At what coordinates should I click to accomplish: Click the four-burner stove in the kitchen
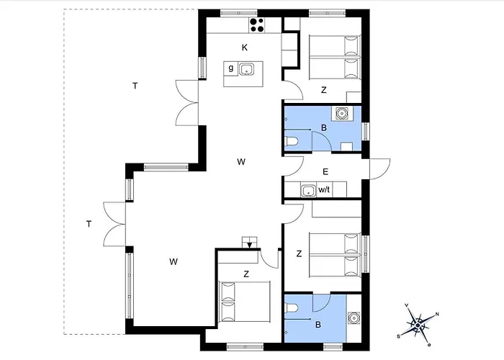click(257, 25)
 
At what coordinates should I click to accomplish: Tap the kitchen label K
click(245, 48)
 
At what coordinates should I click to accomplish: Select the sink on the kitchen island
click(246, 69)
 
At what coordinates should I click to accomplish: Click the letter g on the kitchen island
click(231, 68)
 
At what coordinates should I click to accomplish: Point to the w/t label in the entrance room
click(324, 189)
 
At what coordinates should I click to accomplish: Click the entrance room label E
click(325, 172)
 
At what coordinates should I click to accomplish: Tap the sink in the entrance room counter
click(308, 190)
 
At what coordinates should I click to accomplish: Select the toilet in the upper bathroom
click(292, 141)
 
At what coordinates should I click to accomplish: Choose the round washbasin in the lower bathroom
click(354, 318)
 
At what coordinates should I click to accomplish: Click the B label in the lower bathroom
click(318, 325)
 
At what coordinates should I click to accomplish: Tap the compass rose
click(418, 325)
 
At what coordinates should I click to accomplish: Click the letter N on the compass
click(437, 315)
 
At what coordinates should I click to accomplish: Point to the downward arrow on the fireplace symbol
click(249, 244)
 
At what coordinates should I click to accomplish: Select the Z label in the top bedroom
click(324, 90)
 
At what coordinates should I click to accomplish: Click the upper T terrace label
click(135, 86)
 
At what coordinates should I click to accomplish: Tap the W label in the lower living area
click(174, 262)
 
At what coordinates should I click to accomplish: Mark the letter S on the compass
click(399, 336)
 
